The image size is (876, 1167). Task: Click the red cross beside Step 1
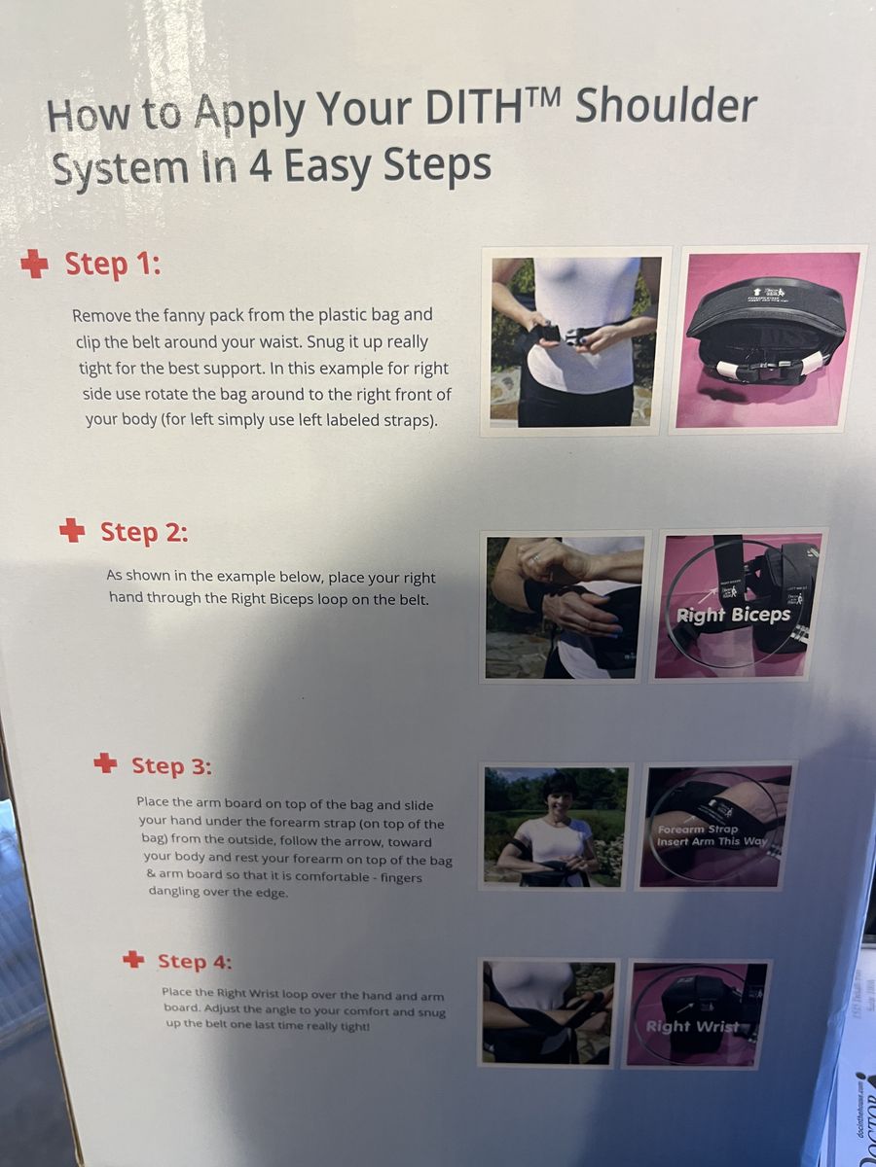[x=35, y=265]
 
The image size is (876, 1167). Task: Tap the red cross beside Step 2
[x=72, y=530]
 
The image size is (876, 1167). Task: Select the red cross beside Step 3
[x=105, y=763]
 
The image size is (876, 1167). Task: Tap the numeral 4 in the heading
[x=259, y=166]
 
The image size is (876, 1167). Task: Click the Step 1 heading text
[x=113, y=265]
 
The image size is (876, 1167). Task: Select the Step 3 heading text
[x=171, y=765]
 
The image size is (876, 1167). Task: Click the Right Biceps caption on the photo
[x=733, y=616]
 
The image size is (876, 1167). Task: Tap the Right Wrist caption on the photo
[x=692, y=1026]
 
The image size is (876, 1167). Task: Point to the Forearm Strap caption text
[x=698, y=829]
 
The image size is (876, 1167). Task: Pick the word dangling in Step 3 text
[x=174, y=892]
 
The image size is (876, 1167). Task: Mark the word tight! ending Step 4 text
[x=354, y=1027]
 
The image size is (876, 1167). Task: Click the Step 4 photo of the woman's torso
[x=548, y=1012]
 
